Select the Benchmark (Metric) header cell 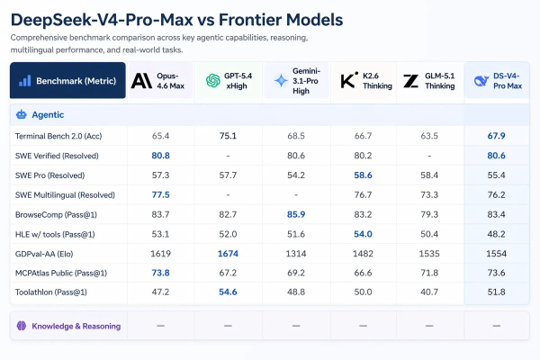pyautogui.click(x=67, y=81)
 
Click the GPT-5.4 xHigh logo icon pyautogui.click(x=212, y=81)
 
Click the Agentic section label pyautogui.click(x=47, y=115)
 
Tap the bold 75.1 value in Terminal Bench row pyautogui.click(x=229, y=136)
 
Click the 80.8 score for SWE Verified pyautogui.click(x=161, y=156)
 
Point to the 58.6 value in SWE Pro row pyautogui.click(x=364, y=175)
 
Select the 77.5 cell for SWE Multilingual pyautogui.click(x=161, y=194)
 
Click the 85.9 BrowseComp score pyautogui.click(x=296, y=214)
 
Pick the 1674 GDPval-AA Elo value pyautogui.click(x=229, y=254)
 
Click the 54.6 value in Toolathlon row pyautogui.click(x=229, y=292)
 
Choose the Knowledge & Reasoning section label pyautogui.click(x=76, y=325)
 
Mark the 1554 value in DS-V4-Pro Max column pyautogui.click(x=498, y=254)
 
